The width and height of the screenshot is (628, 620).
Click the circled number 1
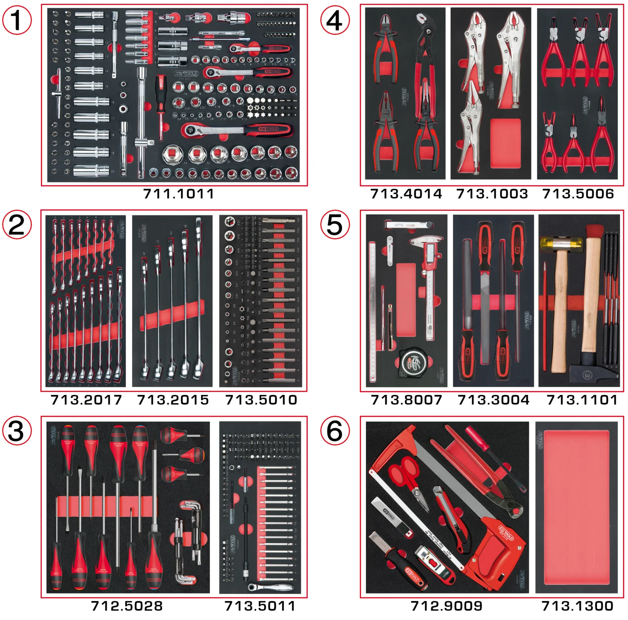pyautogui.click(x=17, y=20)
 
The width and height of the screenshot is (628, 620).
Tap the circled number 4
pyautogui.click(x=335, y=20)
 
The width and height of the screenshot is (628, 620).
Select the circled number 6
pyautogui.click(x=335, y=431)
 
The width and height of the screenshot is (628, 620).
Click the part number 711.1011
pyautogui.click(x=178, y=194)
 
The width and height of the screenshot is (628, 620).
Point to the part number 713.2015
pyautogui.click(x=172, y=400)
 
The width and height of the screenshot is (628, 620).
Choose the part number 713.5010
pyautogui.click(x=261, y=400)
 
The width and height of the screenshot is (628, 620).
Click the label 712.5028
pyautogui.click(x=127, y=606)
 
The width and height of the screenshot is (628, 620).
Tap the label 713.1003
pyautogui.click(x=492, y=194)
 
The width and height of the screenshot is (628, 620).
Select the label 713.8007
pyautogui.click(x=406, y=400)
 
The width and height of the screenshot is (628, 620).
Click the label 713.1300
pyautogui.click(x=577, y=606)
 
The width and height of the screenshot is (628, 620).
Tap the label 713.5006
pyautogui.click(x=578, y=194)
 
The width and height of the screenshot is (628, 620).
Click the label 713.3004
pyautogui.click(x=493, y=400)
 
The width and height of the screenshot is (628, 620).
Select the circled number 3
pyautogui.click(x=17, y=431)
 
